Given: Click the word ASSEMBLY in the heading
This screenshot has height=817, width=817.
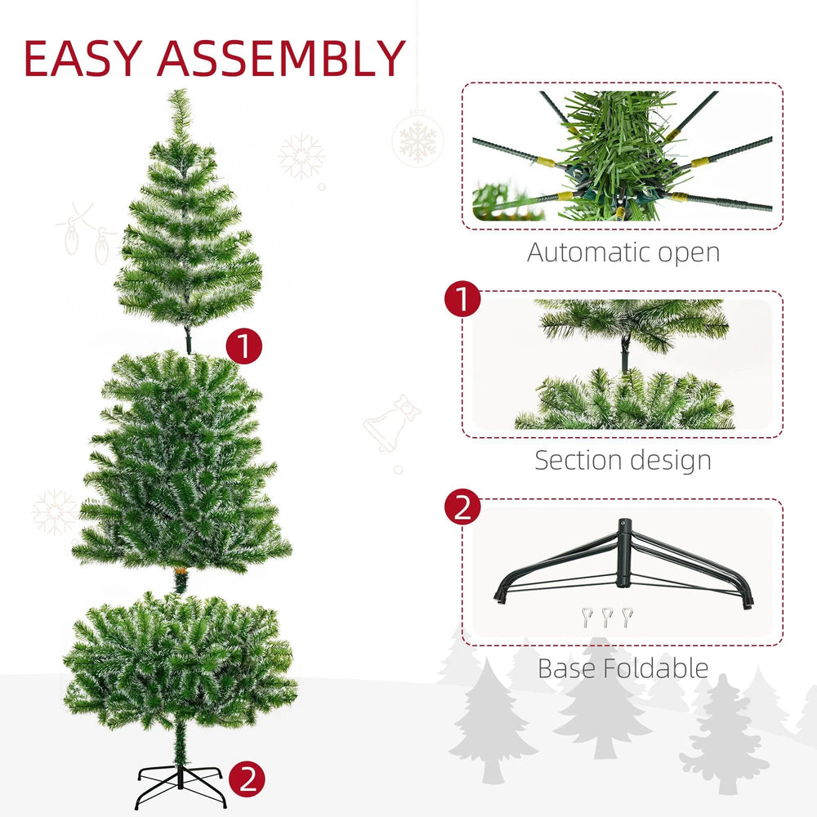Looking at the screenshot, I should click(282, 58).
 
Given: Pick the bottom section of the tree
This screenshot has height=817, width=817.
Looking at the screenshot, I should click(180, 662).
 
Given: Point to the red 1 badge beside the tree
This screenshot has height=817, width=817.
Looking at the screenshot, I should click(243, 347).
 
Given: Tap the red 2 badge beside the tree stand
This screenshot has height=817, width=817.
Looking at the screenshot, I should click(248, 779).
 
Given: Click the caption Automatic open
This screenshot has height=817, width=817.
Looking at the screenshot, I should click(623, 252).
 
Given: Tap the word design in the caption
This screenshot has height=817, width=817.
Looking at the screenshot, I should click(672, 460).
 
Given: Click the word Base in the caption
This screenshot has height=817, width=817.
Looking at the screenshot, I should click(566, 668).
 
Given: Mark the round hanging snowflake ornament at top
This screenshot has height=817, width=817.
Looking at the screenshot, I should click(417, 136).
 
